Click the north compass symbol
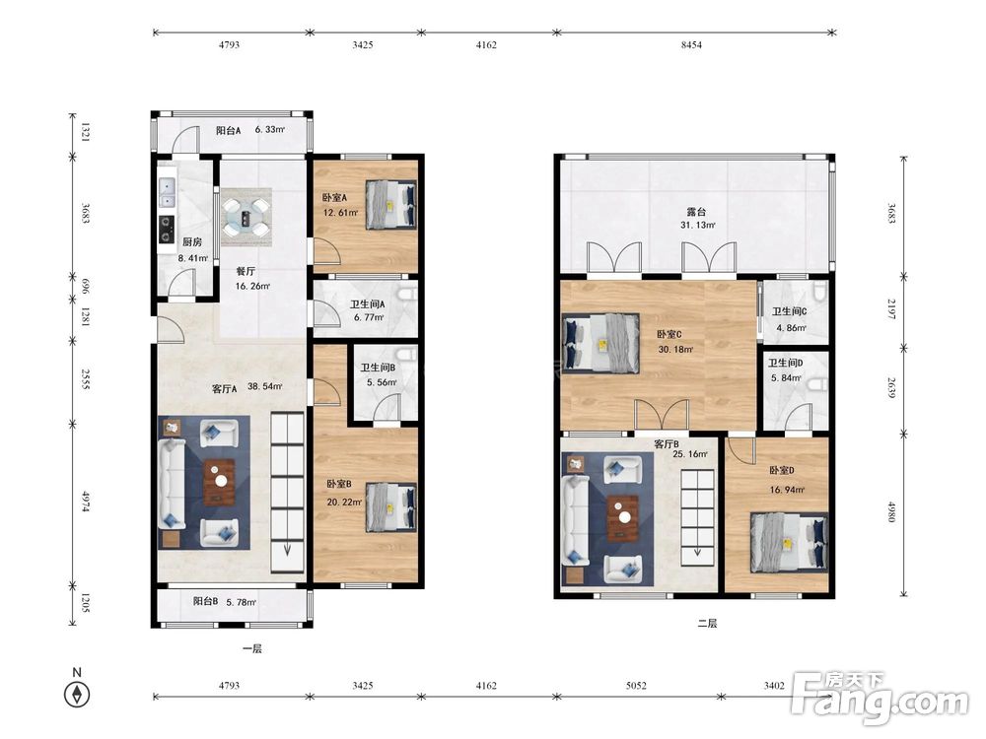(77, 695)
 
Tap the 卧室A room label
(334, 197)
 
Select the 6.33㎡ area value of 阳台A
(270, 129)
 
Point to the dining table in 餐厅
(246, 217)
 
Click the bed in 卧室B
(390, 507)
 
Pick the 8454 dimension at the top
(691, 44)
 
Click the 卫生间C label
(789, 311)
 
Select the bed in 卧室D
(789, 542)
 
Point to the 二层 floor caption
(707, 624)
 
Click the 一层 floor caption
(251, 648)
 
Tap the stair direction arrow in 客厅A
(287, 549)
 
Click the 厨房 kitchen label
(192, 242)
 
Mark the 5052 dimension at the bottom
(636, 685)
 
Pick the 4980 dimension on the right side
(891, 511)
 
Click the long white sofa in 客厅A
(172, 484)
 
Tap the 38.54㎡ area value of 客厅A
(264, 386)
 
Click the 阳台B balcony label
(206, 601)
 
